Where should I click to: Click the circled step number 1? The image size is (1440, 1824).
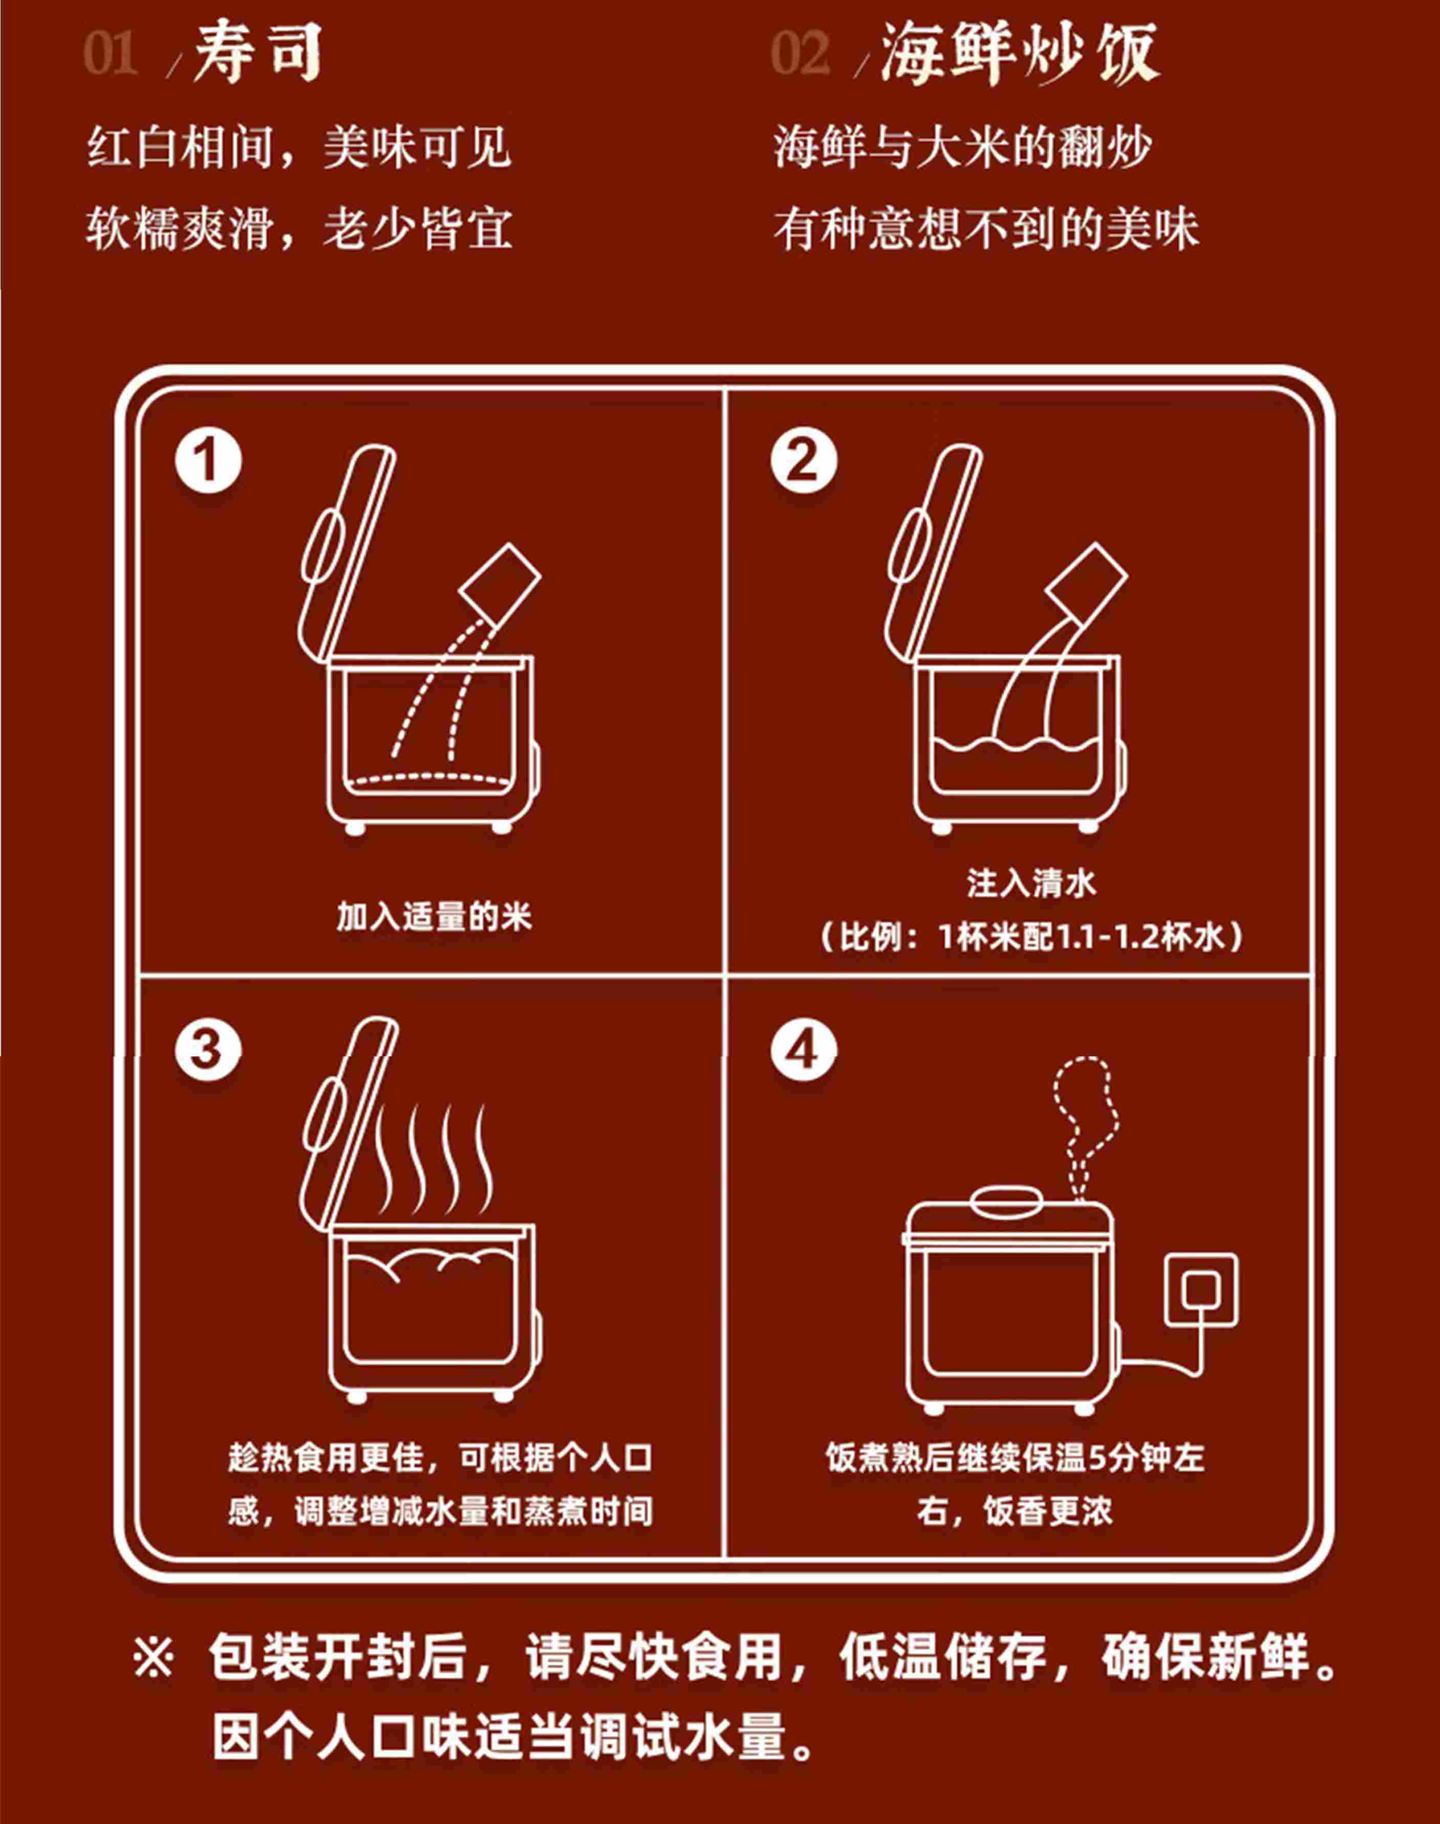pyautogui.click(x=208, y=460)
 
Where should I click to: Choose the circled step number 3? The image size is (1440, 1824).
pyautogui.click(x=208, y=1050)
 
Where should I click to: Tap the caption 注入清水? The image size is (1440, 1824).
pyautogui.click(x=1031, y=883)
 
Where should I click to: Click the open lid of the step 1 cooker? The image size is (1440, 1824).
pyautogui.click(x=346, y=553)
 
